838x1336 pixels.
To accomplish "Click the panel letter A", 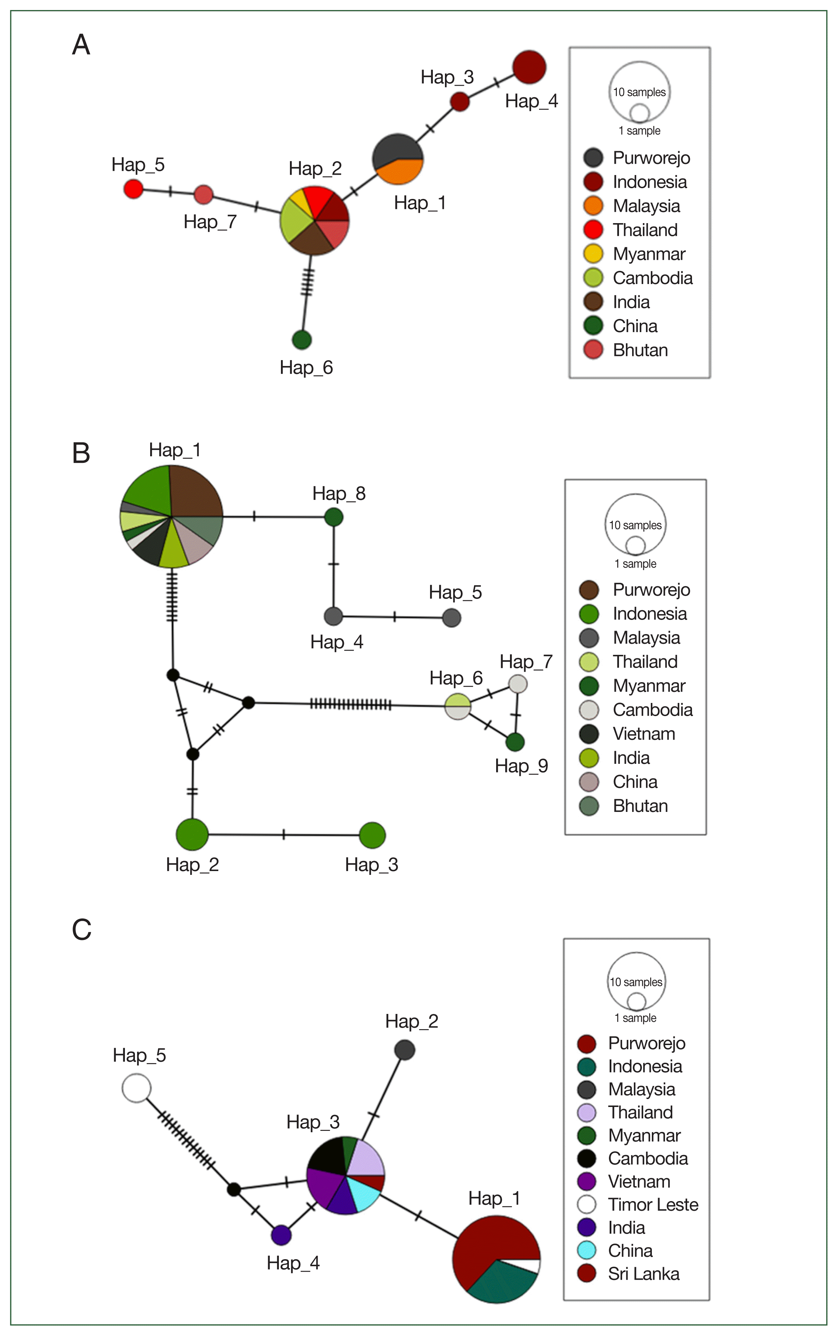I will [x=81, y=45].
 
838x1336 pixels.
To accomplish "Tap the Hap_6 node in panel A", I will [x=301, y=340].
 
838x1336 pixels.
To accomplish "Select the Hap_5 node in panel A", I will [x=133, y=189].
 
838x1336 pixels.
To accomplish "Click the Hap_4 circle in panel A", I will [x=529, y=67].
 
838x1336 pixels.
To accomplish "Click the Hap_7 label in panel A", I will [x=210, y=222].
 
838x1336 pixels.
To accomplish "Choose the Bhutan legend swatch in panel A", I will [x=593, y=350].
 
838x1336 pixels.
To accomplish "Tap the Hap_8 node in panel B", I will [x=334, y=517].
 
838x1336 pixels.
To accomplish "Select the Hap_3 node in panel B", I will [x=372, y=835].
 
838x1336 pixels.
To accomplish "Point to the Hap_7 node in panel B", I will [x=518, y=683].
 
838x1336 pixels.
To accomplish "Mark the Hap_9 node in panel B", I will [x=515, y=742].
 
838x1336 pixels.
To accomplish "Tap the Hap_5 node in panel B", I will [x=452, y=617].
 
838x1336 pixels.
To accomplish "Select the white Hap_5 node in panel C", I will [x=136, y=1088].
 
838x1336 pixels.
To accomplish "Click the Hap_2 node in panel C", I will [x=404, y=1050].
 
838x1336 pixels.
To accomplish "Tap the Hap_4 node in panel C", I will [x=282, y=1235].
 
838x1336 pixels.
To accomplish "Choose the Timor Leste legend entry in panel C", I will [x=652, y=1205].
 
